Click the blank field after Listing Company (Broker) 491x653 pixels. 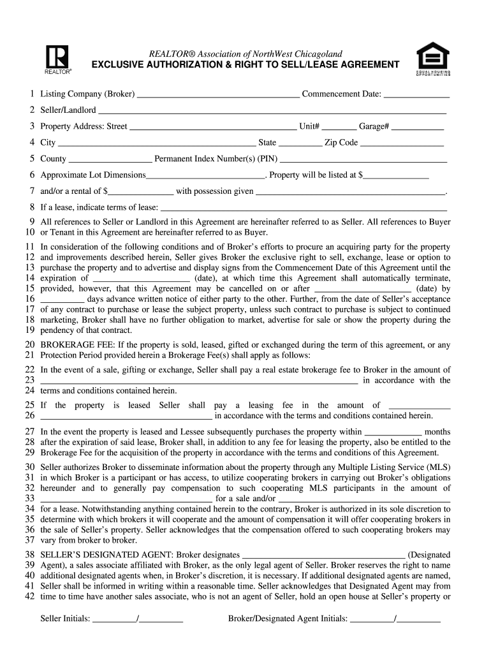pyautogui.click(x=218, y=95)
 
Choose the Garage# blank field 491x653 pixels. pyautogui.click(x=417, y=127)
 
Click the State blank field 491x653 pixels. pyautogui.click(x=300, y=143)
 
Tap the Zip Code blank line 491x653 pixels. pyautogui.click(x=402, y=143)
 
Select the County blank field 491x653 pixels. pyautogui.click(x=110, y=159)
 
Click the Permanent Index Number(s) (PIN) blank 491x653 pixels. pyautogui.click(x=363, y=159)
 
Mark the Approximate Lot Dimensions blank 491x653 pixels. pyautogui.click(x=205, y=175)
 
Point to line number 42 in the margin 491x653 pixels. pyautogui.click(x=29, y=597)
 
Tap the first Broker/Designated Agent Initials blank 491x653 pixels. pyautogui.click(x=372, y=619)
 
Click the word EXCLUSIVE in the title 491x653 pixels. pyautogui.click(x=119, y=64)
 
